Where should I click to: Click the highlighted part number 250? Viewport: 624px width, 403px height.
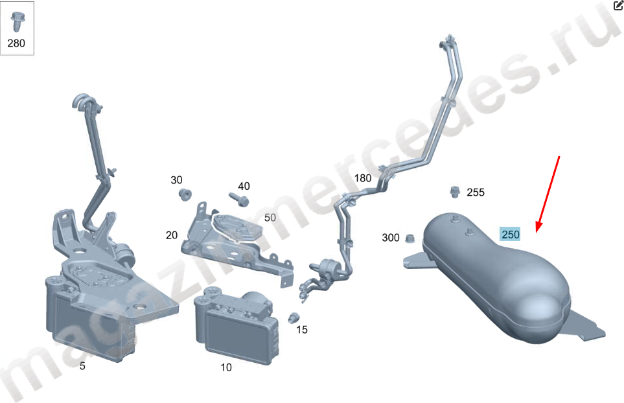pyautogui.click(x=510, y=235)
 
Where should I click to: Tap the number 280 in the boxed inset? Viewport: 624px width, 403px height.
pyautogui.click(x=16, y=43)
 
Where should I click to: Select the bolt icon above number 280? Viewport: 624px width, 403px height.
pyautogui.click(x=17, y=21)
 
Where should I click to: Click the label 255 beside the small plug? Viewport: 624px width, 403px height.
pyautogui.click(x=476, y=192)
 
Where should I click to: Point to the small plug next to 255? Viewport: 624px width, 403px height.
pyautogui.click(x=454, y=191)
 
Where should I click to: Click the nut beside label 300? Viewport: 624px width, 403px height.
pyautogui.click(x=410, y=238)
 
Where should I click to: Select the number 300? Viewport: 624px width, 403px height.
pyautogui.click(x=390, y=238)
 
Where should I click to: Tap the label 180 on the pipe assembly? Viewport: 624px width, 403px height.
pyautogui.click(x=363, y=178)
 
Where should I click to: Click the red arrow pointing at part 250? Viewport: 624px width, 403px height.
pyautogui.click(x=548, y=194)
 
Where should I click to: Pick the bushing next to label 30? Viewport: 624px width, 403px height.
pyautogui.click(x=185, y=194)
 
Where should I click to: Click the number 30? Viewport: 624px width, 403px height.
pyautogui.click(x=176, y=180)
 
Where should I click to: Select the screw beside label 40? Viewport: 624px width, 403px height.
pyautogui.click(x=238, y=200)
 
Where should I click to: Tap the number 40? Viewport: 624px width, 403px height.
pyautogui.click(x=244, y=186)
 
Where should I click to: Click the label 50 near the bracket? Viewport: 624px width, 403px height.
pyautogui.click(x=270, y=218)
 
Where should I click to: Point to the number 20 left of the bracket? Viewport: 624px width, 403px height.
pyautogui.click(x=172, y=235)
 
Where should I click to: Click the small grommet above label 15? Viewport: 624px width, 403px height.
pyautogui.click(x=294, y=318)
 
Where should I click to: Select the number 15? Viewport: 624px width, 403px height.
pyautogui.click(x=302, y=330)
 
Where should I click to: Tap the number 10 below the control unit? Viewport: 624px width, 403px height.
pyautogui.click(x=226, y=367)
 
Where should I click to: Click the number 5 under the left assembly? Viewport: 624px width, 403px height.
pyautogui.click(x=82, y=366)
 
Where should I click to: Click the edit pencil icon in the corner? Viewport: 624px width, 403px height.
pyautogui.click(x=618, y=5)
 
